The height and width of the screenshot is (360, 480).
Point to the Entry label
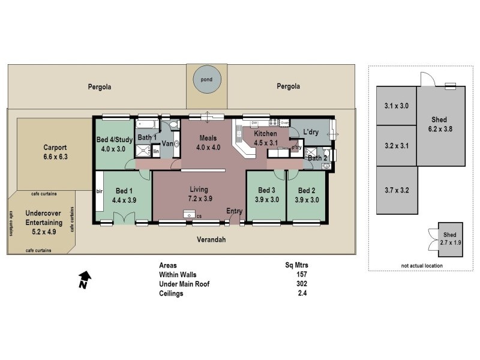pyautogui.click(x=234, y=211)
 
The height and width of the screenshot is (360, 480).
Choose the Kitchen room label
pyautogui.click(x=265, y=134)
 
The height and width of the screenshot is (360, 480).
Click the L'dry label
pyautogui.click(x=310, y=131)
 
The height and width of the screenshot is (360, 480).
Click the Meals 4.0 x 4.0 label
pyautogui.click(x=208, y=142)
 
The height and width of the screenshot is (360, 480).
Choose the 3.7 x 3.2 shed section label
pyautogui.click(x=396, y=191)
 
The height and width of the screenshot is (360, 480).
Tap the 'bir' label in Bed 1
pyautogui.click(x=100, y=192)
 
